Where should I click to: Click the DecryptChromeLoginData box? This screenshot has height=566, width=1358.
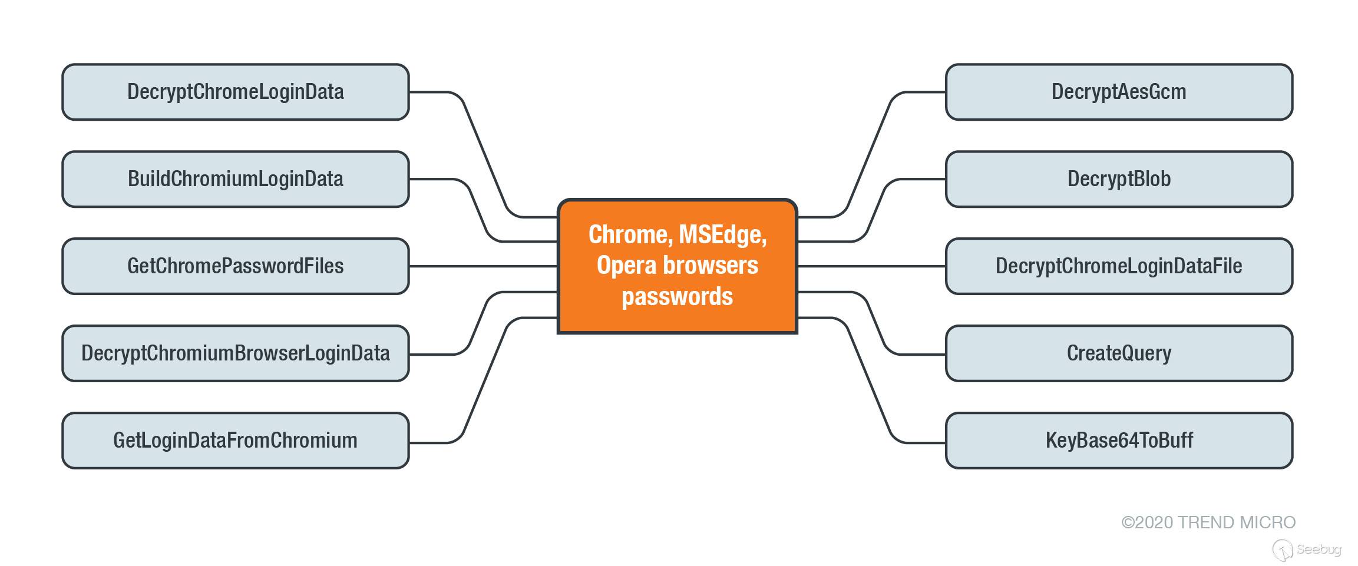tap(236, 92)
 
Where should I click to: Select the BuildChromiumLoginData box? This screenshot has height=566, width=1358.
tap(236, 179)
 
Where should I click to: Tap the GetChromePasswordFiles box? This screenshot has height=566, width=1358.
tap(236, 266)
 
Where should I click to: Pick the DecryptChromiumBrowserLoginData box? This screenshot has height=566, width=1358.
tap(236, 353)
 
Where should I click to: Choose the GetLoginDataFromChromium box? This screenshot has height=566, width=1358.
tap(236, 441)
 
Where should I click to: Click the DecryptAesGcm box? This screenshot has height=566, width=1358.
tap(1119, 92)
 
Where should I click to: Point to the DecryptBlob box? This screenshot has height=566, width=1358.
tap(1119, 179)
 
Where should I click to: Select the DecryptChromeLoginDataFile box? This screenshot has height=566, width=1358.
tap(1119, 266)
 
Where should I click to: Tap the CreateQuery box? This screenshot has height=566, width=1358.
tap(1119, 353)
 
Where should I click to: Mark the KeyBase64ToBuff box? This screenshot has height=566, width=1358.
tap(1119, 441)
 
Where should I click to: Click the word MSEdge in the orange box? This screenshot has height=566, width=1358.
tap(722, 235)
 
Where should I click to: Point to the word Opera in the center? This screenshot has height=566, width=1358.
tap(626, 266)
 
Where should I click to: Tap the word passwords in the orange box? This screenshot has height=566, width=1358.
tap(677, 296)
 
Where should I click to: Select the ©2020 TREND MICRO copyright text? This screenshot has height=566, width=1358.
tap(1208, 522)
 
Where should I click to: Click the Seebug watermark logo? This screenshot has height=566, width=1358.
tap(1308, 550)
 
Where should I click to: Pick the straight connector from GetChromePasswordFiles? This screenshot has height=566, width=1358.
tap(483, 266)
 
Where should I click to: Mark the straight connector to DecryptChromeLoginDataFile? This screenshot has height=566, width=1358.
tap(872, 266)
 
